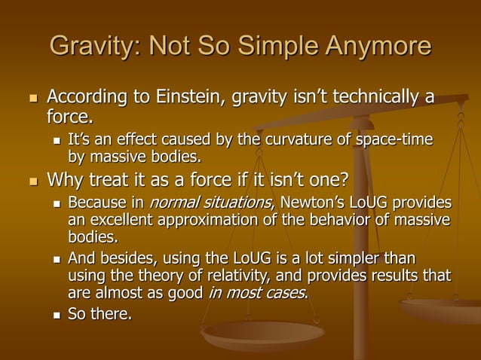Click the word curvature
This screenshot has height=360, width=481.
[296, 140]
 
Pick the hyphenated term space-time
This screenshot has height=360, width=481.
[399, 140]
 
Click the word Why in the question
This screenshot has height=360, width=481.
[66, 181]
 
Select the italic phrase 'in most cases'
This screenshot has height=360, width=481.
[257, 294]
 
